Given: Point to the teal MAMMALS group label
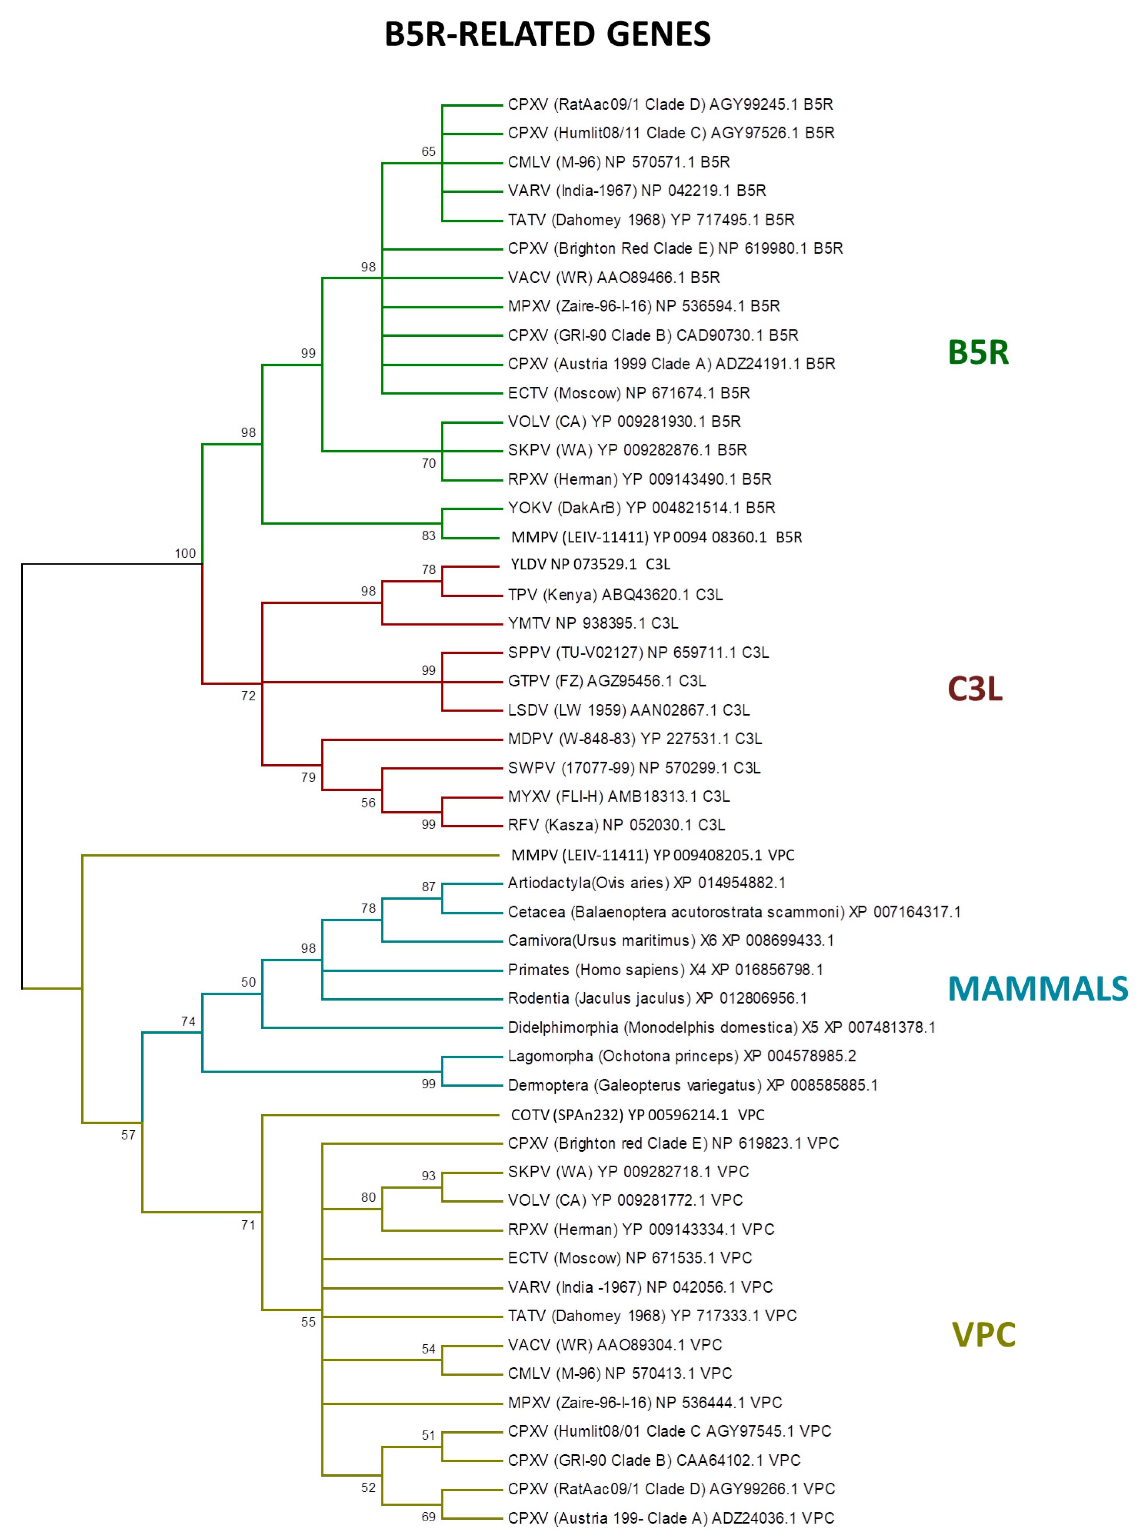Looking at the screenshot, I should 1038,989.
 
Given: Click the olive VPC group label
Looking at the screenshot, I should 983,1335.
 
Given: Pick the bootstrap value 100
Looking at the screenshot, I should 185,553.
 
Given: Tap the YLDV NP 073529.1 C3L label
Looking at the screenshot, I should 590,564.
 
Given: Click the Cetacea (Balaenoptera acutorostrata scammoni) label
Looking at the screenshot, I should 734,912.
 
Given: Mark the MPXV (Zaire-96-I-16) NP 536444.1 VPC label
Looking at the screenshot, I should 645,1403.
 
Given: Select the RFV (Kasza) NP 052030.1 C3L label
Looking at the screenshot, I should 616,825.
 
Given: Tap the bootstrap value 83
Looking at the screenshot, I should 428,535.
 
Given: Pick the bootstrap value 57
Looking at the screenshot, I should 128,1135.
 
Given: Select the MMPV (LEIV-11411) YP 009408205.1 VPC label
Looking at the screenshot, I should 652,855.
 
